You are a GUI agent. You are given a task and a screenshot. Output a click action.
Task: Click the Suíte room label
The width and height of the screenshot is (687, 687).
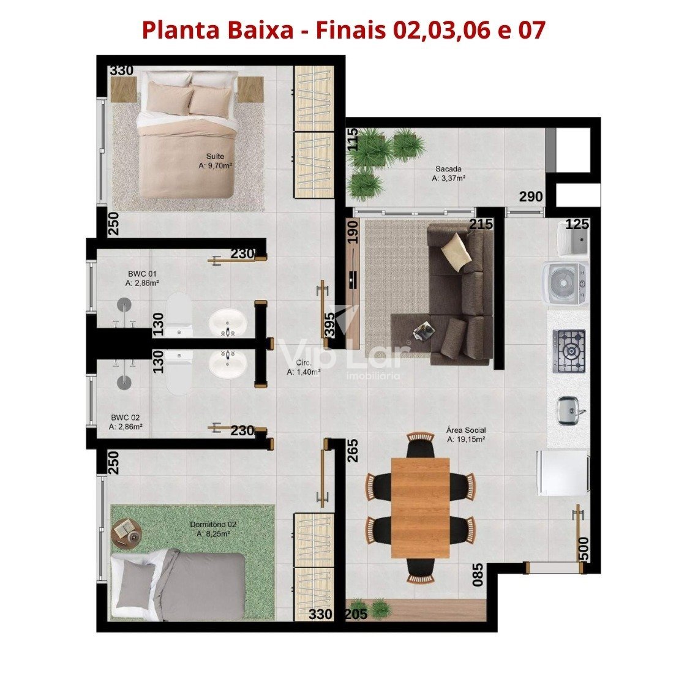[215, 161]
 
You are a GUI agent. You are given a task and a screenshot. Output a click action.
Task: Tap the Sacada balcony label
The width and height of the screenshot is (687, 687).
[448, 173]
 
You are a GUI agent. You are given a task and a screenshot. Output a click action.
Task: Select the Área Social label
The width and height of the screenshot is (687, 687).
[466, 435]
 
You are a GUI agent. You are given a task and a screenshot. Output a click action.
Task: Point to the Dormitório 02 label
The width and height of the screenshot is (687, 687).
[213, 529]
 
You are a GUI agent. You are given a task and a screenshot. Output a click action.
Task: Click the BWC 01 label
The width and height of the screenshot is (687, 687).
[142, 278]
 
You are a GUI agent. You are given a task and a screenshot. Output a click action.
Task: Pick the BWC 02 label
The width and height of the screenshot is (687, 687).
[126, 422]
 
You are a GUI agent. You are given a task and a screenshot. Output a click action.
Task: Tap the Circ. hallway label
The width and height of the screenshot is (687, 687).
[304, 367]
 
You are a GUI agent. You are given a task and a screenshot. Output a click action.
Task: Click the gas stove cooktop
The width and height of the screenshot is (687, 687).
[569, 351]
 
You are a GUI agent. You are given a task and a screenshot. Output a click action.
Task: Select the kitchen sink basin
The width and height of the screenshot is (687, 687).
[571, 410]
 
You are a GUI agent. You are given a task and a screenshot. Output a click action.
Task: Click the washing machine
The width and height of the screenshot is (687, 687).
[566, 283]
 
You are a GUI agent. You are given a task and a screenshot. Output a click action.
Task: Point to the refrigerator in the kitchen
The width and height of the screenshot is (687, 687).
[563, 473]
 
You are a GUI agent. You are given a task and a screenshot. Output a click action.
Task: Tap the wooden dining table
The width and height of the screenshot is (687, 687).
[420, 508]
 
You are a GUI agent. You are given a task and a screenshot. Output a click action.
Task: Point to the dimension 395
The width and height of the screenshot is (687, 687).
[331, 324]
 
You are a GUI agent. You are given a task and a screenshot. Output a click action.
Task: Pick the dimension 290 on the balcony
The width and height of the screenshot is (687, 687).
[531, 197]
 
